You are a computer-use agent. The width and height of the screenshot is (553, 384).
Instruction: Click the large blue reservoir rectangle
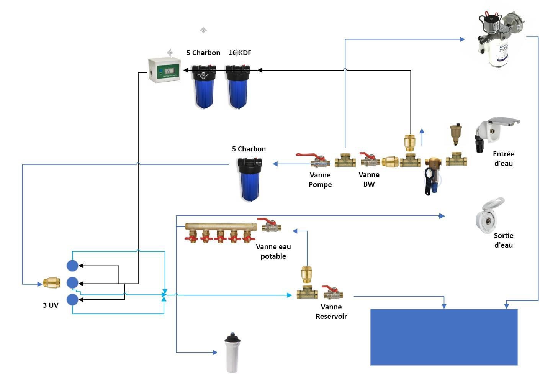[x=444, y=337]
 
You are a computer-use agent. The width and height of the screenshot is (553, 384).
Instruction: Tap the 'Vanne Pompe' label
[x=320, y=180]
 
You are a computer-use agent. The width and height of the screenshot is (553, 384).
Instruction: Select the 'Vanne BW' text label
[x=369, y=179]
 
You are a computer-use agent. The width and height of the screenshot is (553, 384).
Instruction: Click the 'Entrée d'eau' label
[x=503, y=159]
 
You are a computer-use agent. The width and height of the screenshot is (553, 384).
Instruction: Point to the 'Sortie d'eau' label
[x=503, y=240]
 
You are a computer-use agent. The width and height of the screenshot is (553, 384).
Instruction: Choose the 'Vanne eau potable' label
[x=273, y=251]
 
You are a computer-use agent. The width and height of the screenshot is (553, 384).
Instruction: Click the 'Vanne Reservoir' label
[x=331, y=312]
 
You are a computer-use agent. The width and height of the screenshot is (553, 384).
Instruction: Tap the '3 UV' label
[x=51, y=305]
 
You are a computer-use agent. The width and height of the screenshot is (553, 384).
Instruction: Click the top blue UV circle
[x=72, y=266]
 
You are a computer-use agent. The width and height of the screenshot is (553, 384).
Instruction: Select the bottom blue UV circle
[x=72, y=299]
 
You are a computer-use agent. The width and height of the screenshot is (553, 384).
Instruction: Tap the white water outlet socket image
[x=489, y=217]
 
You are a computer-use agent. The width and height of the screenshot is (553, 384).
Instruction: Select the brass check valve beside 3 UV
[x=51, y=283]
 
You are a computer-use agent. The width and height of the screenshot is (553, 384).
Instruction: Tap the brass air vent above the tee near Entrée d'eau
[x=455, y=134]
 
